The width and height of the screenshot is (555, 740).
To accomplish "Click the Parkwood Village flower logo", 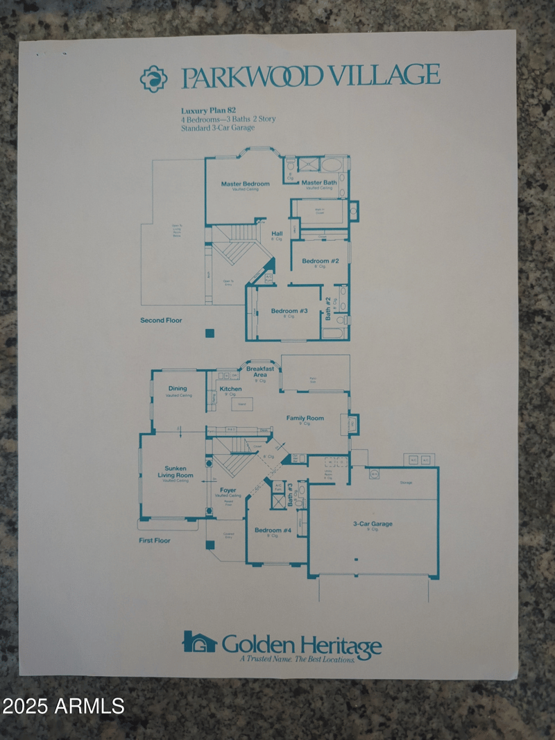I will [153, 78].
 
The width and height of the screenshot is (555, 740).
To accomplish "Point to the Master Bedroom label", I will [245, 184].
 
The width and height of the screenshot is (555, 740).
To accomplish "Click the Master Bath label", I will [319, 183].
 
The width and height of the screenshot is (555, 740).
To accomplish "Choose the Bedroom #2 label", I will [320, 261].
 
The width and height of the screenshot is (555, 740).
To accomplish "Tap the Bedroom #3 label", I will [289, 311].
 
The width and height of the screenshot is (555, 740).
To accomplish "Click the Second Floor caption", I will [162, 320].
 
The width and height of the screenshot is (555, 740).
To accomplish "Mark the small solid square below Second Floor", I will [210, 333].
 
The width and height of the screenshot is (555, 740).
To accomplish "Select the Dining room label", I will [178, 389].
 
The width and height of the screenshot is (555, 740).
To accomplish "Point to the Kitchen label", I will [230, 389].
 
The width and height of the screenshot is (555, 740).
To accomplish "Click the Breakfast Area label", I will [260, 371].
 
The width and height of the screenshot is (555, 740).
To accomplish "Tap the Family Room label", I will [305, 418].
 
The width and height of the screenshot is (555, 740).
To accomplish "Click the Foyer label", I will [228, 490].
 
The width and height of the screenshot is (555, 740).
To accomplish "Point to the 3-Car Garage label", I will [373, 524].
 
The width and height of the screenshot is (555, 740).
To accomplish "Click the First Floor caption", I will [155, 540].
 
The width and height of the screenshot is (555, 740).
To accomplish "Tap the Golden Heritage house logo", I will [200, 642].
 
